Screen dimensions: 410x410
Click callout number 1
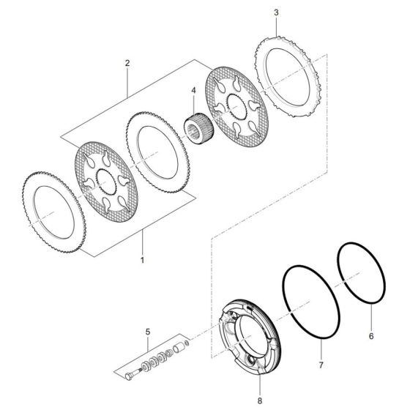tap(142, 260)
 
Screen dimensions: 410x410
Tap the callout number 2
tap(127, 64)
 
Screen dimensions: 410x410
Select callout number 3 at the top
tap(275, 13)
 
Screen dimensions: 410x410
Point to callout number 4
tap(193, 92)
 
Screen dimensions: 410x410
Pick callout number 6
tap(371, 336)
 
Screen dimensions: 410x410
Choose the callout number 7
tap(319, 364)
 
